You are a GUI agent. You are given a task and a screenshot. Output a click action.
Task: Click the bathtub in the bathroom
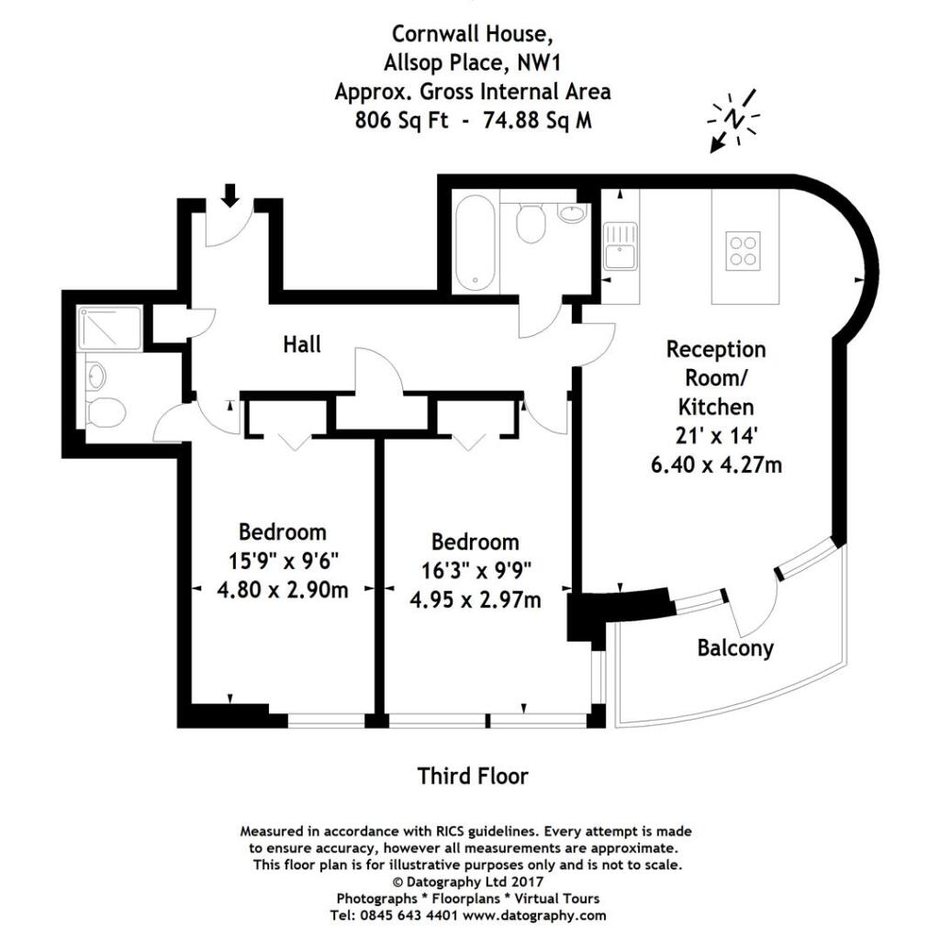click(x=476, y=242)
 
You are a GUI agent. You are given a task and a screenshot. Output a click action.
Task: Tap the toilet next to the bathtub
click(x=530, y=224)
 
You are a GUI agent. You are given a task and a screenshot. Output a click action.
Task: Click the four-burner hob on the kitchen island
click(x=744, y=250)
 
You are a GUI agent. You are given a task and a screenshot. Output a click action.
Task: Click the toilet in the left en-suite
click(x=105, y=413)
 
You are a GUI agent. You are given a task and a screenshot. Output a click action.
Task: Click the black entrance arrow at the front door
click(x=229, y=194)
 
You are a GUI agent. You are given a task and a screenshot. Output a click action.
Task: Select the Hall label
click(x=302, y=344)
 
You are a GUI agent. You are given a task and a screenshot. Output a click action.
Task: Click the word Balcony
click(x=735, y=648)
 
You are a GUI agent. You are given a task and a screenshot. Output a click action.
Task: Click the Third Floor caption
click(x=473, y=776)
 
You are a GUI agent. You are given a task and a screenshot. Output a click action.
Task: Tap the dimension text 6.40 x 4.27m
click(x=716, y=464)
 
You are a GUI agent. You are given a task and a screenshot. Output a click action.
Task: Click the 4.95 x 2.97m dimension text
click(x=475, y=600)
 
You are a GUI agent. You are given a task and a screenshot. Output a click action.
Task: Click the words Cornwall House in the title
click(x=473, y=34)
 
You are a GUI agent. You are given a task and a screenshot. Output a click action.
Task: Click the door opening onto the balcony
click(x=753, y=610)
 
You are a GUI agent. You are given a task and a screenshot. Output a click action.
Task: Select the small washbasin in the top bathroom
click(x=570, y=215)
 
